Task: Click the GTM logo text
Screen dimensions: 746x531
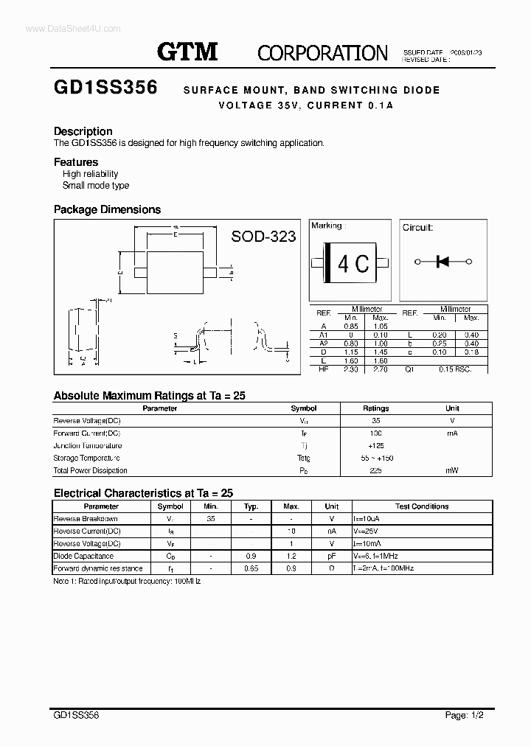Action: click(187, 52)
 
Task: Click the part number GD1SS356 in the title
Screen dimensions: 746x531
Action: click(105, 88)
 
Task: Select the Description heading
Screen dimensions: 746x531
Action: click(83, 131)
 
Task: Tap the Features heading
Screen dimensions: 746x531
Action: click(76, 162)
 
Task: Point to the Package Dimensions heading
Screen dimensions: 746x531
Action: click(107, 209)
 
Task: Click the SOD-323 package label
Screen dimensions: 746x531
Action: click(263, 236)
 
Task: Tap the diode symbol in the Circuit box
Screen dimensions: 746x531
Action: click(443, 261)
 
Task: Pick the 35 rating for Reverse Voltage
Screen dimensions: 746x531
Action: click(375, 420)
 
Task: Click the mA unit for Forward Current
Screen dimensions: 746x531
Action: click(452, 433)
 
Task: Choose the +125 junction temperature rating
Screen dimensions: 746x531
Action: click(375, 445)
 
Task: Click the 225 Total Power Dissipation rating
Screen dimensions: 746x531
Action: click(375, 470)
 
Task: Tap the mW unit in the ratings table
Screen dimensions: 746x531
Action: click(452, 470)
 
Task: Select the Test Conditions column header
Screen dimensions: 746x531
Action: click(422, 506)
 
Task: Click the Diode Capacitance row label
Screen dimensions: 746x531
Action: click(83, 557)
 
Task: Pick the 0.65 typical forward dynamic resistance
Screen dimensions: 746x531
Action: click(251, 568)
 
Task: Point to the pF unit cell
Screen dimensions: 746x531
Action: click(331, 557)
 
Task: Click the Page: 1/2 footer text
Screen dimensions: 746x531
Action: click(465, 715)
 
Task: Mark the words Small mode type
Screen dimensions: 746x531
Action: click(96, 186)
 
